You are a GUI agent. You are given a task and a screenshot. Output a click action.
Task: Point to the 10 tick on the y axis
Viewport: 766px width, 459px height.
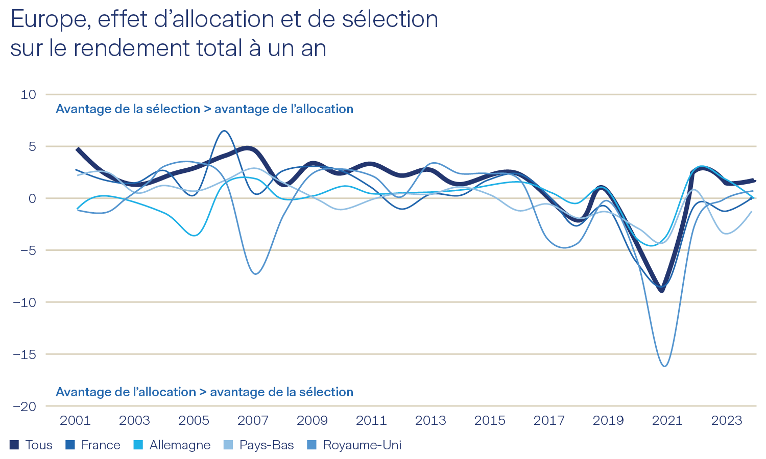(29, 94)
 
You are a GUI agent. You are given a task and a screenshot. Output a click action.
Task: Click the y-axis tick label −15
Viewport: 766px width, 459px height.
(25, 354)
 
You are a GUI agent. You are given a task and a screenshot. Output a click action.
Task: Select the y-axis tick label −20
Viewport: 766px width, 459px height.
(25, 406)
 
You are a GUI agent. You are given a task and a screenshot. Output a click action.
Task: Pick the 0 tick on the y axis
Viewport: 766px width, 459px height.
(32, 198)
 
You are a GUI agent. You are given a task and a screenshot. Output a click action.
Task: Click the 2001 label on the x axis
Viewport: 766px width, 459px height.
(75, 420)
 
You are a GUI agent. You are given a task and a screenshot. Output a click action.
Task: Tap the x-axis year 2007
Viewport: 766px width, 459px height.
(253, 420)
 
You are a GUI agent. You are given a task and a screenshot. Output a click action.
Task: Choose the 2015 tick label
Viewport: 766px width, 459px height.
(490, 420)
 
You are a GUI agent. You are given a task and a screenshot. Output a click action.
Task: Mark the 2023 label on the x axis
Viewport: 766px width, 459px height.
(727, 420)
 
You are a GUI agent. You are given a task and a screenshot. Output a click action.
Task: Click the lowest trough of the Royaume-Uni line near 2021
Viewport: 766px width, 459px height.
(664, 366)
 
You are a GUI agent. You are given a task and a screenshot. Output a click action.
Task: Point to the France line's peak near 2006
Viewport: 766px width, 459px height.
(224, 131)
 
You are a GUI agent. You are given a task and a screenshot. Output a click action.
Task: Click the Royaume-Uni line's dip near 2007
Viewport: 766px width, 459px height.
(255, 274)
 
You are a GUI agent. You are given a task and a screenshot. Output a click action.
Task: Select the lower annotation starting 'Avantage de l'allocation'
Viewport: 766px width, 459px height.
(204, 392)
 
